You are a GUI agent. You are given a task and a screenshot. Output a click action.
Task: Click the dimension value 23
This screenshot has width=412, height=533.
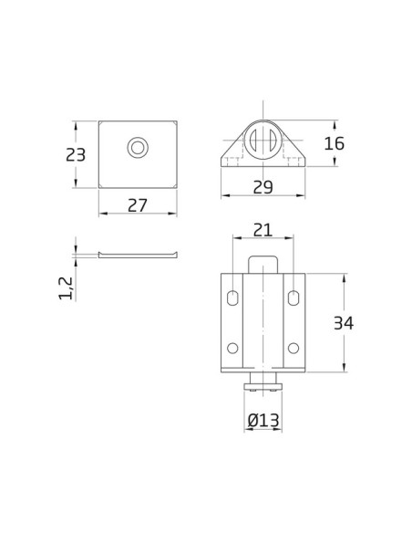pos(76,155)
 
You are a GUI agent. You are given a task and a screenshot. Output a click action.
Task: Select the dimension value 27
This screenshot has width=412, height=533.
pos(138,205)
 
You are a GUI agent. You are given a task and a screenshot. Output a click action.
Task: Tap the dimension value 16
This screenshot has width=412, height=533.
pos(335,143)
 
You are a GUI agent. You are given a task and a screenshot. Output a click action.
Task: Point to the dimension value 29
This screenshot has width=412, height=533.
pos(263,187)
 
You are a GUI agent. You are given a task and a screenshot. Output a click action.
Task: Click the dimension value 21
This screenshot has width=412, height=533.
pos(263,230)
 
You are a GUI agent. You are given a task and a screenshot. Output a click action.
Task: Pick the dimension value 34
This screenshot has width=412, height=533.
pos(344,323)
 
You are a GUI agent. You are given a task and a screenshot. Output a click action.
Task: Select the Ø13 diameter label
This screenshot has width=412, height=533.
pos(263,420)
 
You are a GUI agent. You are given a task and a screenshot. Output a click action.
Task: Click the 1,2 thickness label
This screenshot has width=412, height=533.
pos(66,288)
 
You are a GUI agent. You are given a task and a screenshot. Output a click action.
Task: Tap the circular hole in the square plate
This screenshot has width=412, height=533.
pos(138,148)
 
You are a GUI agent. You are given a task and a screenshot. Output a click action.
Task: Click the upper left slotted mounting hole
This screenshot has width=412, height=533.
pos(232,298)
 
